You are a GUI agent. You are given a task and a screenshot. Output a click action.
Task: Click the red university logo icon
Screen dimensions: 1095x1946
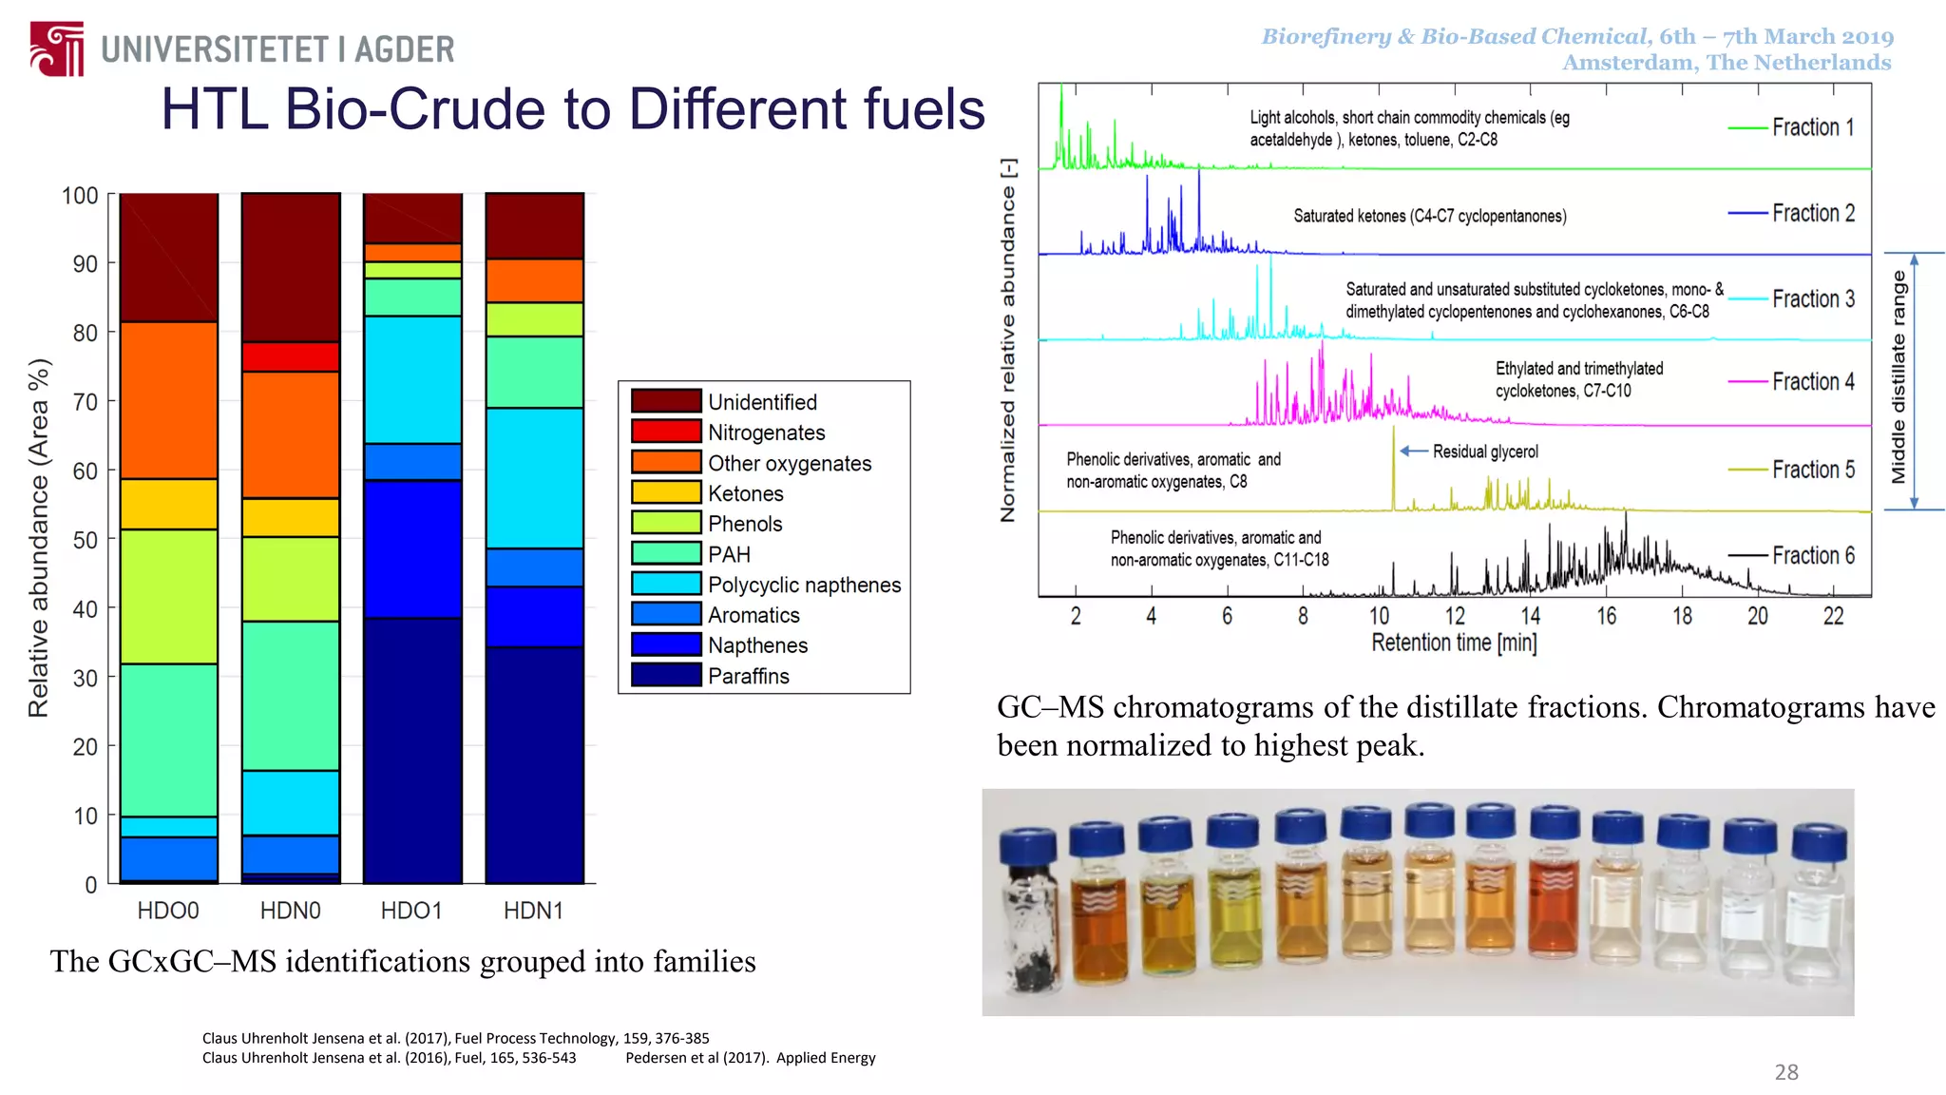(x=57, y=48)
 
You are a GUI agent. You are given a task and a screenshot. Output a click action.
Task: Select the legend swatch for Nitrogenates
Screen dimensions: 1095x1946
(x=666, y=432)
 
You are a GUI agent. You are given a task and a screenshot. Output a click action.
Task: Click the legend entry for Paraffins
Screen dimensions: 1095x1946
(x=748, y=676)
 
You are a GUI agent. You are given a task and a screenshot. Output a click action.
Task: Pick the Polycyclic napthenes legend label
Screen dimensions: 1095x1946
(x=804, y=585)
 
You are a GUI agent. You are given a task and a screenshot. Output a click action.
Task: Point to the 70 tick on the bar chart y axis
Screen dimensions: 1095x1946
(x=86, y=402)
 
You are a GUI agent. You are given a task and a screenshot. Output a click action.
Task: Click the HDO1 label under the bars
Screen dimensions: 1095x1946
(x=411, y=911)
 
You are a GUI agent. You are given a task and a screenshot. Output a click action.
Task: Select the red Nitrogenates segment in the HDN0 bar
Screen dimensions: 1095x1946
(x=291, y=356)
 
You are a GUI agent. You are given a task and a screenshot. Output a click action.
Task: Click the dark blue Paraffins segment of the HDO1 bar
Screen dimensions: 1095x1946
(x=412, y=750)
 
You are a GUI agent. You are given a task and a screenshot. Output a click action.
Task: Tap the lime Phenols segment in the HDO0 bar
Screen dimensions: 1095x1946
(x=169, y=596)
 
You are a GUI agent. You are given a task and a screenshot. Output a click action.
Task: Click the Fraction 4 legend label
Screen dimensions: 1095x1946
(x=1812, y=382)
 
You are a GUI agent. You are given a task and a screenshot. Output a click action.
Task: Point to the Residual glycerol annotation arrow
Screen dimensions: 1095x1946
(x=1414, y=451)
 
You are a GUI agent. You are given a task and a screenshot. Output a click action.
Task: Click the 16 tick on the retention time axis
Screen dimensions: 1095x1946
(x=1606, y=616)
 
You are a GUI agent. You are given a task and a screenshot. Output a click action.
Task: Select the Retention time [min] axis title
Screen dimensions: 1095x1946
(x=1454, y=644)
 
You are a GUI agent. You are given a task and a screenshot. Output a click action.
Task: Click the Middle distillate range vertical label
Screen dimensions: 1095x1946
(x=1898, y=376)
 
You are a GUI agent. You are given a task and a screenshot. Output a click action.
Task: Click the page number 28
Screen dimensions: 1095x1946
(x=1786, y=1072)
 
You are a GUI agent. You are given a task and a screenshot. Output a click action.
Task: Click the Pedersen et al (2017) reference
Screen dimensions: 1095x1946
(x=750, y=1058)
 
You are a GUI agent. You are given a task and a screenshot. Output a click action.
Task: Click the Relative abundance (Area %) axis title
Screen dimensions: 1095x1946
(x=39, y=538)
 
